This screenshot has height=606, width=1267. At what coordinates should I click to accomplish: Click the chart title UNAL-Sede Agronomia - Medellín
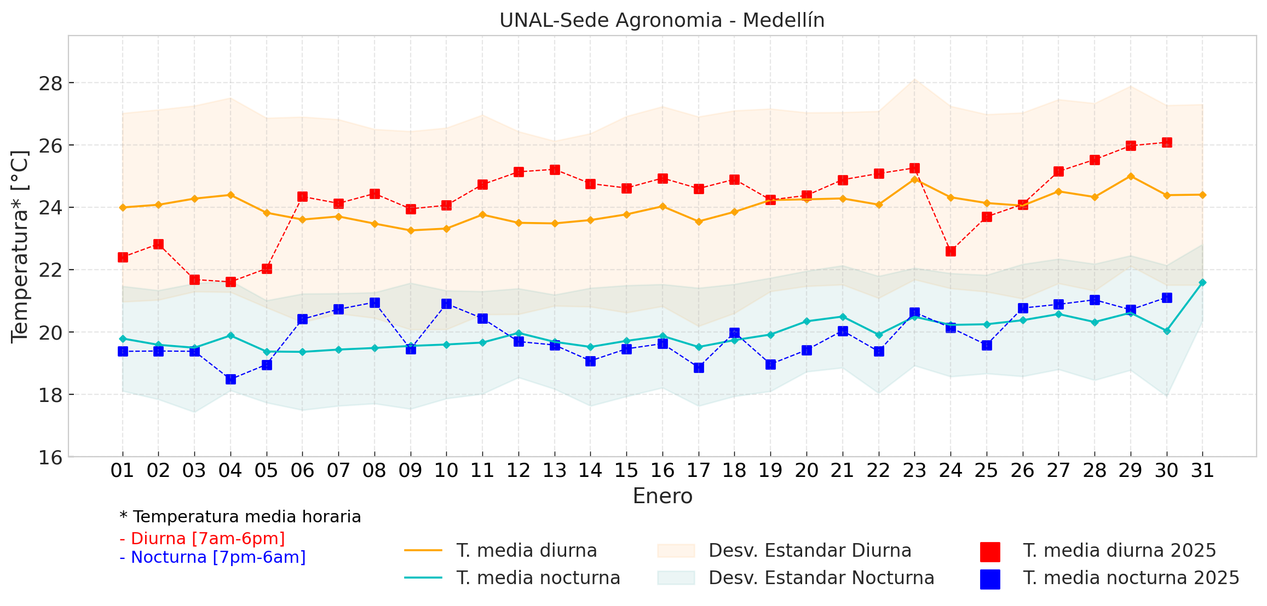(x=661, y=20)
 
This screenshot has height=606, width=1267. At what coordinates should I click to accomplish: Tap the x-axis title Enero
(x=663, y=496)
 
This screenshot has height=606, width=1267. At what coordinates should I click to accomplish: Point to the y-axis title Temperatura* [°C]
(x=20, y=246)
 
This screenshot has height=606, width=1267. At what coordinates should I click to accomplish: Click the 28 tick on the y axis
(x=50, y=84)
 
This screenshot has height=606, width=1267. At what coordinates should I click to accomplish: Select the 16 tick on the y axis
(x=50, y=457)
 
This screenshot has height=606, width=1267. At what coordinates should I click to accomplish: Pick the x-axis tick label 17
(x=698, y=470)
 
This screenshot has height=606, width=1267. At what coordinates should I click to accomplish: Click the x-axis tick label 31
(x=1202, y=470)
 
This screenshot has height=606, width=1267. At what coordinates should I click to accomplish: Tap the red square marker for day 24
(x=951, y=251)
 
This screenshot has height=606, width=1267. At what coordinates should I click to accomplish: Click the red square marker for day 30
(x=1167, y=142)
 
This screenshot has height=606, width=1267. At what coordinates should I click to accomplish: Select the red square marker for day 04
(x=231, y=282)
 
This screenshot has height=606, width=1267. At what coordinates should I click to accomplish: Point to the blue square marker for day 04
(x=231, y=379)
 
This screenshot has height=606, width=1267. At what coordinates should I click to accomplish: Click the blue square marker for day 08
(x=375, y=302)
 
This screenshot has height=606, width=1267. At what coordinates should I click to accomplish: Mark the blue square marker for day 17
(x=699, y=368)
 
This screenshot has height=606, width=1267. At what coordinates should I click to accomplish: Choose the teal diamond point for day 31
(x=1202, y=282)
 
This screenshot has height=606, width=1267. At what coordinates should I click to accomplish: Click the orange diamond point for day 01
(x=123, y=207)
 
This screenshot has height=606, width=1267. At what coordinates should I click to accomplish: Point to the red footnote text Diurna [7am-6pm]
(x=203, y=539)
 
